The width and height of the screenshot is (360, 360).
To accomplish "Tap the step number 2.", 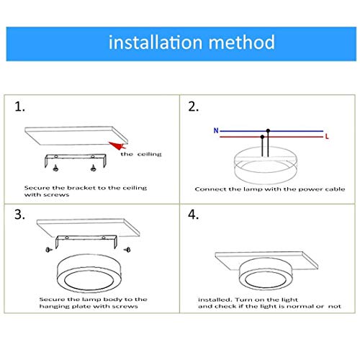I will coord(194,107).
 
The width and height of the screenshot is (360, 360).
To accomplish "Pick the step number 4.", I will coord(194,215).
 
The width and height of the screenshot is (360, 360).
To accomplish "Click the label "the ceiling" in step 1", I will coord(141,154).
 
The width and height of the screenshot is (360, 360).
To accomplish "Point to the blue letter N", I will coord(215,131).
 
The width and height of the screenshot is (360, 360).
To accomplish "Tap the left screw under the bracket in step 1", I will coord(55,168).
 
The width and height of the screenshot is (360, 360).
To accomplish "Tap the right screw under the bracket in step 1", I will coord(94,168).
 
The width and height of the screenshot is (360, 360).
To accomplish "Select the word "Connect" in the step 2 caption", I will coord(209,189).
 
